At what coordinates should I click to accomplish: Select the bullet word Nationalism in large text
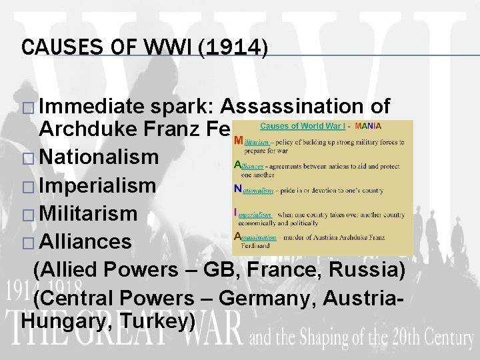click(x=99, y=158)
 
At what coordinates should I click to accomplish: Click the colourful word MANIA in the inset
click(x=369, y=125)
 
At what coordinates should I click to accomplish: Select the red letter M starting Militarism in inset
click(x=237, y=138)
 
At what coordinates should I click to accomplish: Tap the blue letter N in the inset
click(x=237, y=189)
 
